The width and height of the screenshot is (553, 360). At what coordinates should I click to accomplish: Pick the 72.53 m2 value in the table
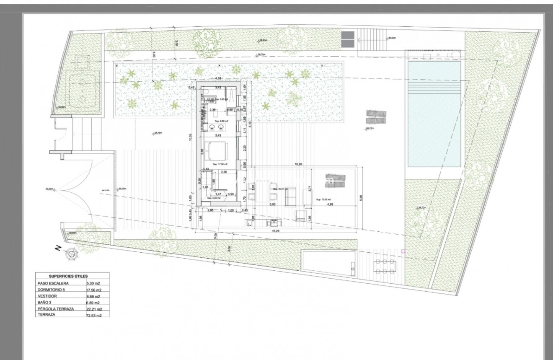pyautogui.click(x=93, y=315)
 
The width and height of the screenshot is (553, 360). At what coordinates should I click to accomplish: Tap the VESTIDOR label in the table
pyautogui.click(x=47, y=296)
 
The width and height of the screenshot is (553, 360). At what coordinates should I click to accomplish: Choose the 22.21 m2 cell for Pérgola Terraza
pyautogui.click(x=93, y=309)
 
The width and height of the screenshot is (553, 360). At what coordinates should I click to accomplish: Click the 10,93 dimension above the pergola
pyautogui.click(x=299, y=163)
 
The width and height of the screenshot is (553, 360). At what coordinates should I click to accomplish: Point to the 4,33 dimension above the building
pyautogui.click(x=217, y=79)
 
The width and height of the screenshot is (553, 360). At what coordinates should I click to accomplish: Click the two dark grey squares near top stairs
pyautogui.click(x=347, y=39)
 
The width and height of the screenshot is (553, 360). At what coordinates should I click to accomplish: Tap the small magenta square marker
pyautogui.click(x=403, y=251)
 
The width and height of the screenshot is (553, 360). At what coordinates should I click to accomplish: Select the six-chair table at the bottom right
pyautogui.click(x=384, y=266)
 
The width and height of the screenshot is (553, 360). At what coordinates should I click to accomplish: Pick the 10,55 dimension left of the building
pyautogui.click(x=190, y=137)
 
